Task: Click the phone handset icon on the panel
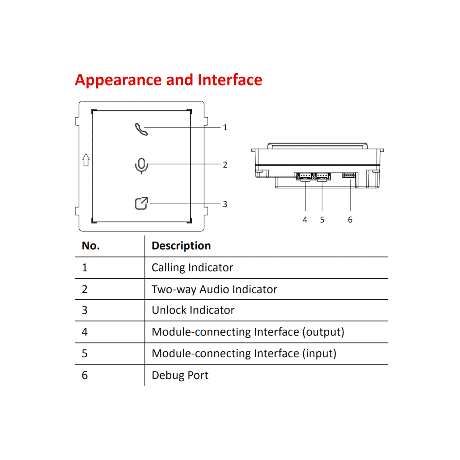point(141,129)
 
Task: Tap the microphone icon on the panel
point(141,166)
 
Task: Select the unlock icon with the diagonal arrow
point(141,204)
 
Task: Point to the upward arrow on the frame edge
point(86,160)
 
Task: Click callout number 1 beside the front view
point(225,128)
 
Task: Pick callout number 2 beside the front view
point(225,165)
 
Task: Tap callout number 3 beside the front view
point(225,204)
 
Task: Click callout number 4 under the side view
point(305,220)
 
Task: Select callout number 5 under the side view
point(322,220)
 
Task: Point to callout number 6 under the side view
point(350,220)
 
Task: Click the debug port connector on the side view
point(349,175)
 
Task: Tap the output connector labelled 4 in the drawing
point(305,176)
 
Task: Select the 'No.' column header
point(90,246)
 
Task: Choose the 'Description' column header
point(181,246)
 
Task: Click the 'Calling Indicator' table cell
point(192,268)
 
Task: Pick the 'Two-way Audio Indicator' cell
point(214,289)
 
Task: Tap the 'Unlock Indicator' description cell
point(193,310)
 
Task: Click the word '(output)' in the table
point(323,332)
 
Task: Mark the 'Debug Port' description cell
point(180,375)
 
